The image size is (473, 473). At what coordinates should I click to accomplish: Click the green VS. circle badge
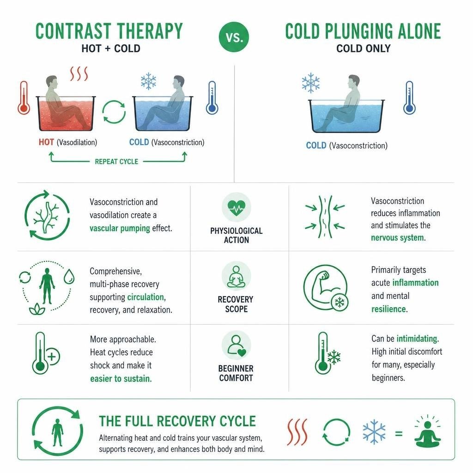[234, 37]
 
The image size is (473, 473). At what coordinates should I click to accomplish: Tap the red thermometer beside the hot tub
[24, 98]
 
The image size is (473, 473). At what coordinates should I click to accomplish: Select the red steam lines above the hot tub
[79, 73]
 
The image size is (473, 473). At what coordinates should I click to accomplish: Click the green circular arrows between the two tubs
[114, 112]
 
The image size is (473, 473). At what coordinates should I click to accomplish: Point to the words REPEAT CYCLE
[117, 162]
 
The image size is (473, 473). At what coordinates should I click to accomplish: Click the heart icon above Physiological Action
[236, 207]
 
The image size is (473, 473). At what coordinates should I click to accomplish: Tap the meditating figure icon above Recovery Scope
[236, 276]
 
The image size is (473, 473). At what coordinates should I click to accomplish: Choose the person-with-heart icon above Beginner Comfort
[236, 345]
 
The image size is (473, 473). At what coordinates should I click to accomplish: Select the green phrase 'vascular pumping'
[120, 228]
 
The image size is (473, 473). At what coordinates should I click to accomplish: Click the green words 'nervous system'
[397, 238]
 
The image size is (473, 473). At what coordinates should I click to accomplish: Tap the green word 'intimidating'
[417, 339]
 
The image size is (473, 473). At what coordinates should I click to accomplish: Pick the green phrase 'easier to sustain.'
[121, 379]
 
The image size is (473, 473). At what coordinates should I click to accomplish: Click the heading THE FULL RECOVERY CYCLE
[177, 421]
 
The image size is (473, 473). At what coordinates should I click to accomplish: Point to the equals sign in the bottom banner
[399, 434]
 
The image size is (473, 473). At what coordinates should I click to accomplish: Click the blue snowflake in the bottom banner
[374, 432]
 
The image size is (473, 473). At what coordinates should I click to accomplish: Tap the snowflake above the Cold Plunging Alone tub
[311, 83]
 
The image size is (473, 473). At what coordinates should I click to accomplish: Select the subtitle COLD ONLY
[364, 49]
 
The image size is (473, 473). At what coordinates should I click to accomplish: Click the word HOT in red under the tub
[47, 142]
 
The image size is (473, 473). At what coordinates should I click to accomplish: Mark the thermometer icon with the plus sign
[46, 353]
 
